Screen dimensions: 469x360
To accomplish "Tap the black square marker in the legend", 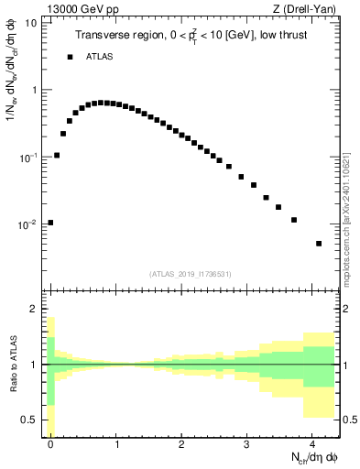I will tap(69, 57).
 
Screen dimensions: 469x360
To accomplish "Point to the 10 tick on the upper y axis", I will tap(31, 22).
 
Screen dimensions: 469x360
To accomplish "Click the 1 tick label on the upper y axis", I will tap(35, 90).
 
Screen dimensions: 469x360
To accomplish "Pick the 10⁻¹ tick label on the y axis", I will tap(29, 157).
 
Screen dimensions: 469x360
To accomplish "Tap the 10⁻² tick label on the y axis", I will tap(29, 224).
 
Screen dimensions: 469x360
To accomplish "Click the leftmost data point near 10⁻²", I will tap(50, 222).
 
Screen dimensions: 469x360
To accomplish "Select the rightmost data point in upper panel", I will tap(319, 244).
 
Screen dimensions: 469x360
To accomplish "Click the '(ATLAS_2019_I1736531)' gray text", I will tap(191, 274).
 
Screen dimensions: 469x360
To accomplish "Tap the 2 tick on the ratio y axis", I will tap(35, 310).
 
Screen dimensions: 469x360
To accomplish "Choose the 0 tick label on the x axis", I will tap(50, 445).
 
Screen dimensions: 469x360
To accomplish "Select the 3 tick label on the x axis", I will tap(246, 445).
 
